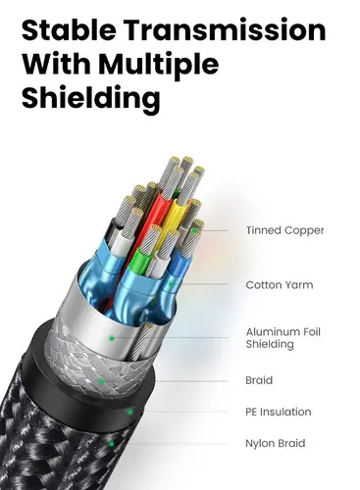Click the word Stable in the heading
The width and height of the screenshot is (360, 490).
coord(69,29)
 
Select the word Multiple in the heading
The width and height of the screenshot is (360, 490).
coord(159,65)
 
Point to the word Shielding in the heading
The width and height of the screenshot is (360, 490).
coord(91,98)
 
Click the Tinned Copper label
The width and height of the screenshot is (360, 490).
coord(284,230)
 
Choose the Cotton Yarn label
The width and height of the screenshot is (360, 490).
coord(280,285)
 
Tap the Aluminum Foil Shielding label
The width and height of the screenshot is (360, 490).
coord(283,338)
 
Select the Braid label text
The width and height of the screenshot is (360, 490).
coord(259,380)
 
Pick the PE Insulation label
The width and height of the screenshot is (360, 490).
coord(279,412)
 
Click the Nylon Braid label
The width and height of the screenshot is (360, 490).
coord(276,443)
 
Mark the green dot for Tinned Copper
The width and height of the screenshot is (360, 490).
coord(195,231)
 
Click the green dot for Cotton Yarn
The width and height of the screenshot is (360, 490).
coord(171,284)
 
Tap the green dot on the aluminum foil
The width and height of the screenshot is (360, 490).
coord(112,338)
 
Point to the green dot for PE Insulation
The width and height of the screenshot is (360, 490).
coord(130,412)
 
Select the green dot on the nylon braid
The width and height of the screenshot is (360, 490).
coord(112,444)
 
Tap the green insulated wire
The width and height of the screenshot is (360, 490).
coord(136,261)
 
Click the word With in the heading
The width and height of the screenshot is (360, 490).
coord(56,65)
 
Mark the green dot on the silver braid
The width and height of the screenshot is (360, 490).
coord(102,381)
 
